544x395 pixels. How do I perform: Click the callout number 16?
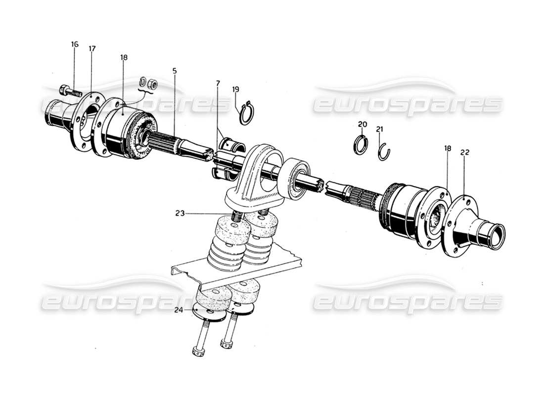click(x=74, y=44)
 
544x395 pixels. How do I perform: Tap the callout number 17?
click(x=92, y=49)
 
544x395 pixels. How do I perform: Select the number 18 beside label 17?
click(x=123, y=57)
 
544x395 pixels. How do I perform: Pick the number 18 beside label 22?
click(x=447, y=148)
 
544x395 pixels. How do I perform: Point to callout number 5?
click(x=174, y=71)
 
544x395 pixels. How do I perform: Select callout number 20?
click(x=363, y=124)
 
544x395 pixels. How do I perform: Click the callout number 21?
click(x=380, y=129)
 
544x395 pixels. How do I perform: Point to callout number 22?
click(x=465, y=153)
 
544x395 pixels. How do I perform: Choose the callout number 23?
click(x=180, y=214)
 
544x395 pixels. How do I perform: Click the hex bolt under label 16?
click(x=69, y=91)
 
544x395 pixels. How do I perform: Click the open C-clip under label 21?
click(x=384, y=152)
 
